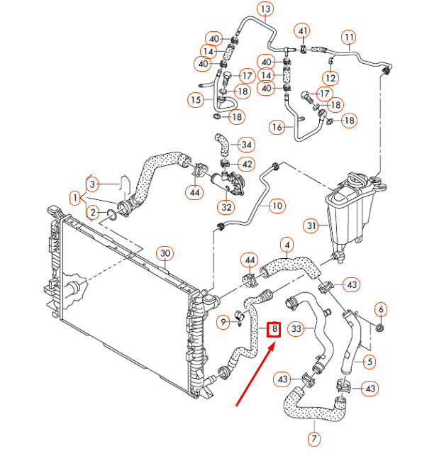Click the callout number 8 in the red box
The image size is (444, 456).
pos(274,330)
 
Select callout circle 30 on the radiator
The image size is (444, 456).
pos(164,253)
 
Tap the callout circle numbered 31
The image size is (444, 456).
pos(311,226)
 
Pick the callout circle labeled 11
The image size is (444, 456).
pos(348,36)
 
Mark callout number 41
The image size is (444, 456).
pos(303,30)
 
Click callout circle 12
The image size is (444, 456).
pos(330,77)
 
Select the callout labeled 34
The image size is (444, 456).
pos(246,145)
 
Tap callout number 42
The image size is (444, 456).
pos(246,165)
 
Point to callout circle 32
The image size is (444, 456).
pos(226,208)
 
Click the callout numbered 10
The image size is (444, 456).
pos(277,206)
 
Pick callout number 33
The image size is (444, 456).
pos(297,329)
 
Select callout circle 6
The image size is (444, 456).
pos(381,308)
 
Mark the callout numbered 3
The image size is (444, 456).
pos(92,184)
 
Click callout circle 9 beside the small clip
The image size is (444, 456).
pos(222,322)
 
